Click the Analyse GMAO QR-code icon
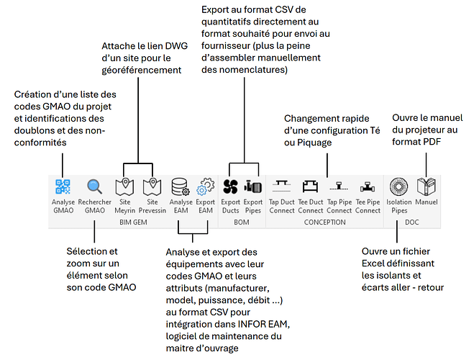point(63,187)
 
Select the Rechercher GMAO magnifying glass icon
point(95,187)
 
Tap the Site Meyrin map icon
point(125,187)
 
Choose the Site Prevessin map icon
point(152,187)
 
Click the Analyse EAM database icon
point(181,187)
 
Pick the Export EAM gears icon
point(206,187)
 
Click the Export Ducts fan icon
point(230,187)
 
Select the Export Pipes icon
point(252,187)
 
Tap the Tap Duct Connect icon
point(281,187)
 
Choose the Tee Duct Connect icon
point(310,187)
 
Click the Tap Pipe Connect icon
point(339,187)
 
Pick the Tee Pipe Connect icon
point(367,187)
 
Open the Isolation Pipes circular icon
point(399,187)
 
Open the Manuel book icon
point(427,187)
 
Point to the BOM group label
point(242,222)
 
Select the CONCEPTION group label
point(324,222)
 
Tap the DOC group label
point(413,222)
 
